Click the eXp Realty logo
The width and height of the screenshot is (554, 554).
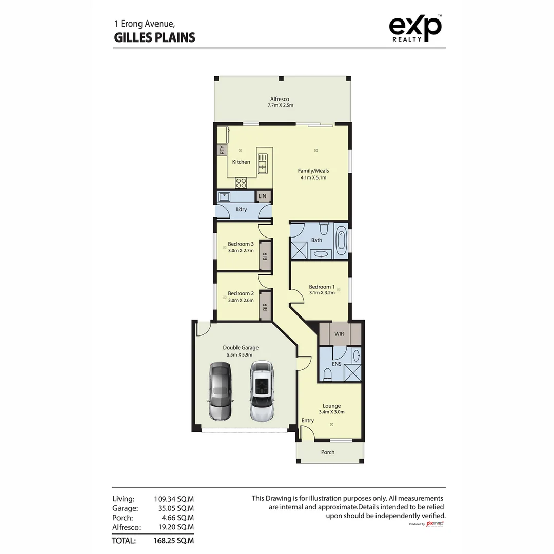pyautogui.click(x=415, y=28)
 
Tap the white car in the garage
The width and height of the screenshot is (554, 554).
pyautogui.click(x=262, y=391)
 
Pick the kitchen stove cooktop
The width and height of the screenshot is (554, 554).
pyautogui.click(x=241, y=183)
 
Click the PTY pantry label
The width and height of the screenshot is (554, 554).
pyautogui.click(x=222, y=150)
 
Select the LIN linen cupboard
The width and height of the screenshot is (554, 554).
pyautogui.click(x=263, y=196)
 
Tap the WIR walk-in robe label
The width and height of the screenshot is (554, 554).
pyautogui.click(x=339, y=334)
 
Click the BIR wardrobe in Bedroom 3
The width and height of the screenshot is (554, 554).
pyautogui.click(x=265, y=255)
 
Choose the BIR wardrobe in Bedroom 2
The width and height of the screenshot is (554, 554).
pyautogui.click(x=265, y=306)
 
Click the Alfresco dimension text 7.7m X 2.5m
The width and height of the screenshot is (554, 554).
pyautogui.click(x=280, y=105)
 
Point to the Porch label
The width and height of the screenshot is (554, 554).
pyautogui.click(x=328, y=452)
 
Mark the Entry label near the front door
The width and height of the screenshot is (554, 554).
pyautogui.click(x=308, y=420)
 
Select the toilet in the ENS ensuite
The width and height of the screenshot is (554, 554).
pyautogui.click(x=328, y=376)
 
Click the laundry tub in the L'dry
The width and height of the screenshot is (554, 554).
pyautogui.click(x=224, y=196)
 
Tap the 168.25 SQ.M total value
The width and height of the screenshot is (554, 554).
pyautogui.click(x=174, y=540)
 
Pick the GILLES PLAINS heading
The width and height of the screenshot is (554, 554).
pyautogui.click(x=154, y=37)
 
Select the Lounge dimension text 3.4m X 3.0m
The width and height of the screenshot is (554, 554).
pyautogui.click(x=331, y=412)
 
